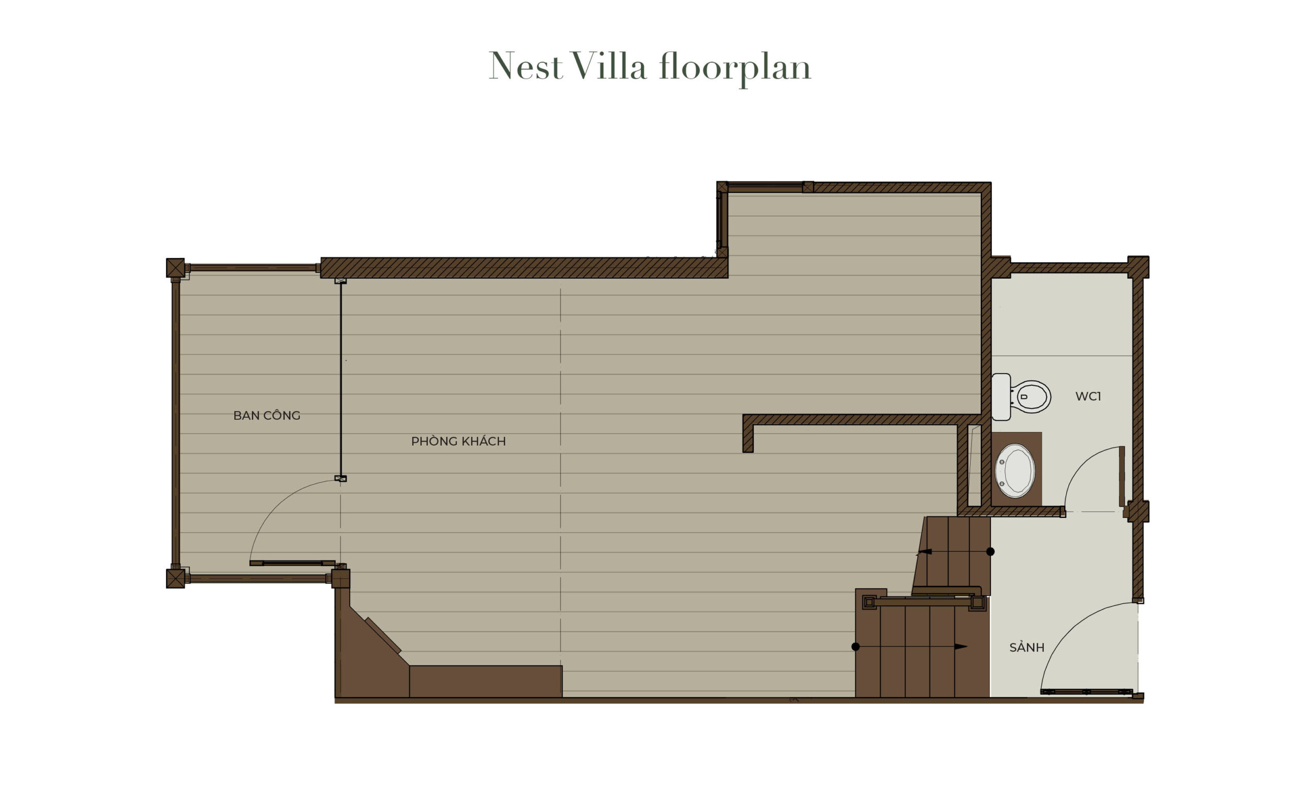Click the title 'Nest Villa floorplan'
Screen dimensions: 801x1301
(649, 67)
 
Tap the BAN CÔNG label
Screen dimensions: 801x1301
(266, 416)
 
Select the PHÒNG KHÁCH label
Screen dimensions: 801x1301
(458, 441)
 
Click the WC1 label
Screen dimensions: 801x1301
(1088, 396)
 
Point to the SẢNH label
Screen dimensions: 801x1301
(1027, 648)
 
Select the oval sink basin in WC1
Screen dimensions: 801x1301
(1014, 471)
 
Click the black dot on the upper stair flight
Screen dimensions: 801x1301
(990, 551)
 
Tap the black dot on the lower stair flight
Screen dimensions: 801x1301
(855, 646)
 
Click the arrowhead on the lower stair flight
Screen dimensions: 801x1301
(961, 646)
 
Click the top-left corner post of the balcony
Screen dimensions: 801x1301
(175, 267)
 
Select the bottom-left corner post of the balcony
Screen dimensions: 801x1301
(175, 578)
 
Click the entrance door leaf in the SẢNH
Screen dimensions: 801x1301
(1086, 691)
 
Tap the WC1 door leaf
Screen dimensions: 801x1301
(1122, 476)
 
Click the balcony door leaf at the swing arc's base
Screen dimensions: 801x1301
(292, 563)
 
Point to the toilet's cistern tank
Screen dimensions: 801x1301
(1001, 397)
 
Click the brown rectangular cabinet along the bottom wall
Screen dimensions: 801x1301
(485, 681)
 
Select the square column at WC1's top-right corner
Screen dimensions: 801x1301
(1138, 267)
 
